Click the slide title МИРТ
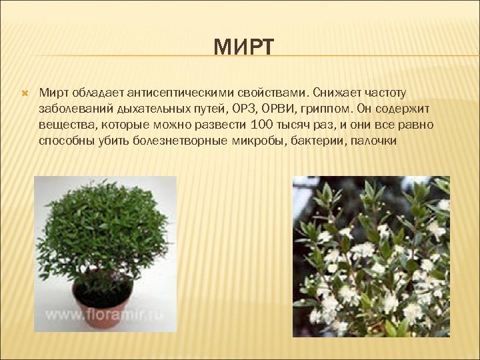[x=243, y=48]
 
